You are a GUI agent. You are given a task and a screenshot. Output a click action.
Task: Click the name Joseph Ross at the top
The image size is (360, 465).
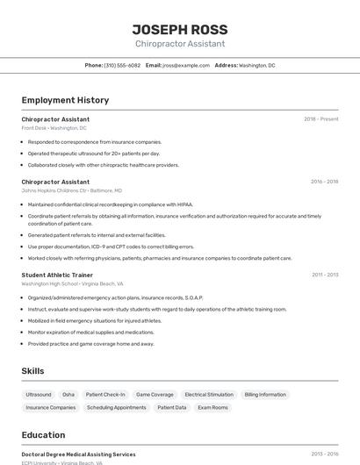click(x=179, y=28)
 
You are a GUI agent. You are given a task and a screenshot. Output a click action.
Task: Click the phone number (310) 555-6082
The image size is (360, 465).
click(x=122, y=65)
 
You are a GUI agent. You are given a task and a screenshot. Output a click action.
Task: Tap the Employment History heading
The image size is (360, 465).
click(x=65, y=100)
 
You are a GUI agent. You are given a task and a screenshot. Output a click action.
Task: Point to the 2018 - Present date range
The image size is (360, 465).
click(x=320, y=119)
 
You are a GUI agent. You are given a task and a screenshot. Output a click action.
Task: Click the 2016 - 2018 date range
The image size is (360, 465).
click(x=324, y=182)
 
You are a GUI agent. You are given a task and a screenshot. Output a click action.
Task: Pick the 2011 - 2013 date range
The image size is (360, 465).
click(x=324, y=275)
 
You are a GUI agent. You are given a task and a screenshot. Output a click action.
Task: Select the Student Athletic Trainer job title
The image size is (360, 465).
click(x=57, y=275)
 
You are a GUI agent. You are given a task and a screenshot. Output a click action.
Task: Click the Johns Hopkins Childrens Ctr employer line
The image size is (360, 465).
click(x=72, y=190)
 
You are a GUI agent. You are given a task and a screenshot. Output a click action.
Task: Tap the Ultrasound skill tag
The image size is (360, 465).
click(x=39, y=395)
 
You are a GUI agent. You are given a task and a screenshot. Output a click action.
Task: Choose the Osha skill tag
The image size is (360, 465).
click(x=68, y=395)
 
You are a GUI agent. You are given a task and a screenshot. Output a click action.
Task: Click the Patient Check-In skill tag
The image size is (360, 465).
click(x=105, y=395)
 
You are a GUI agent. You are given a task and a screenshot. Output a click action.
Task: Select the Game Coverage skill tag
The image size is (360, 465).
click(x=155, y=395)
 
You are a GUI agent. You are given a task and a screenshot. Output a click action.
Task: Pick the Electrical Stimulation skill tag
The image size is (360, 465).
click(x=209, y=395)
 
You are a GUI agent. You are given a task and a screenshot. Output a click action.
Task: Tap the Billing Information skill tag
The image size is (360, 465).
click(x=265, y=395)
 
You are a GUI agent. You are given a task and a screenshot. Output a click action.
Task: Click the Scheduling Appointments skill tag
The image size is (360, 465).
click(x=117, y=408)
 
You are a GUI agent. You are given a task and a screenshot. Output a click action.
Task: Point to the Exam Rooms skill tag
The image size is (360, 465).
click(x=212, y=408)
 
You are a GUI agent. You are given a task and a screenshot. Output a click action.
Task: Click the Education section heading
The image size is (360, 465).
click(x=43, y=435)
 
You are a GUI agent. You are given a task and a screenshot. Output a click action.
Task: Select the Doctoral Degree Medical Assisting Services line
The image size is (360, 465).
click(x=79, y=454)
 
